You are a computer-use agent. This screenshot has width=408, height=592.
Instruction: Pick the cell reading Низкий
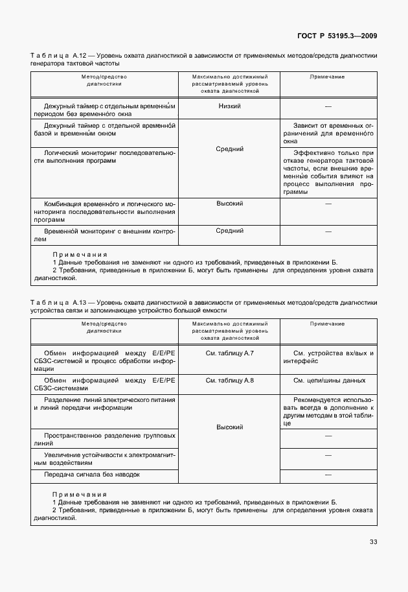point(230,106)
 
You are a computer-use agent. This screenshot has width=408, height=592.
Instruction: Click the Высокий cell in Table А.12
point(230,204)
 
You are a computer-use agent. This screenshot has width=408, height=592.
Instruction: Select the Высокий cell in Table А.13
point(230,427)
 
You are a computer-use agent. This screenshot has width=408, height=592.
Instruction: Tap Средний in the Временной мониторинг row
point(230,231)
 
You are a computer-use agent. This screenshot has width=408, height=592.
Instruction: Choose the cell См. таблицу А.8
point(230,381)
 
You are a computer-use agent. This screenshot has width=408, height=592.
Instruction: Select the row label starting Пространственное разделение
point(103,438)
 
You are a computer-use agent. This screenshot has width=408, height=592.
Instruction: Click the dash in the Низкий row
point(328,106)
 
